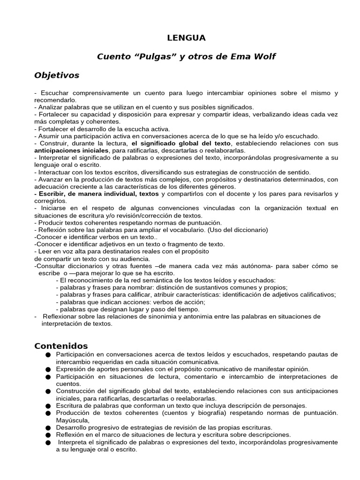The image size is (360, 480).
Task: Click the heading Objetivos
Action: click(57, 75)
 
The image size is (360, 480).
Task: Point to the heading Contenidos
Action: click(61, 346)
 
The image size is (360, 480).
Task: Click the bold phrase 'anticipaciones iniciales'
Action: click(71, 150)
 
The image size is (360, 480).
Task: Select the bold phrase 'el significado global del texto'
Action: click(181, 143)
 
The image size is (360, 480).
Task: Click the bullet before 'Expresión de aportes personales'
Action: click(48, 370)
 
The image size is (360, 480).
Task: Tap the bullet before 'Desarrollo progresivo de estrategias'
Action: click(48, 427)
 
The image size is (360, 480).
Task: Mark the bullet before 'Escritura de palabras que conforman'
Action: click(48, 406)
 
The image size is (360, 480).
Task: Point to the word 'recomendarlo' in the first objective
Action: click(55, 100)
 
